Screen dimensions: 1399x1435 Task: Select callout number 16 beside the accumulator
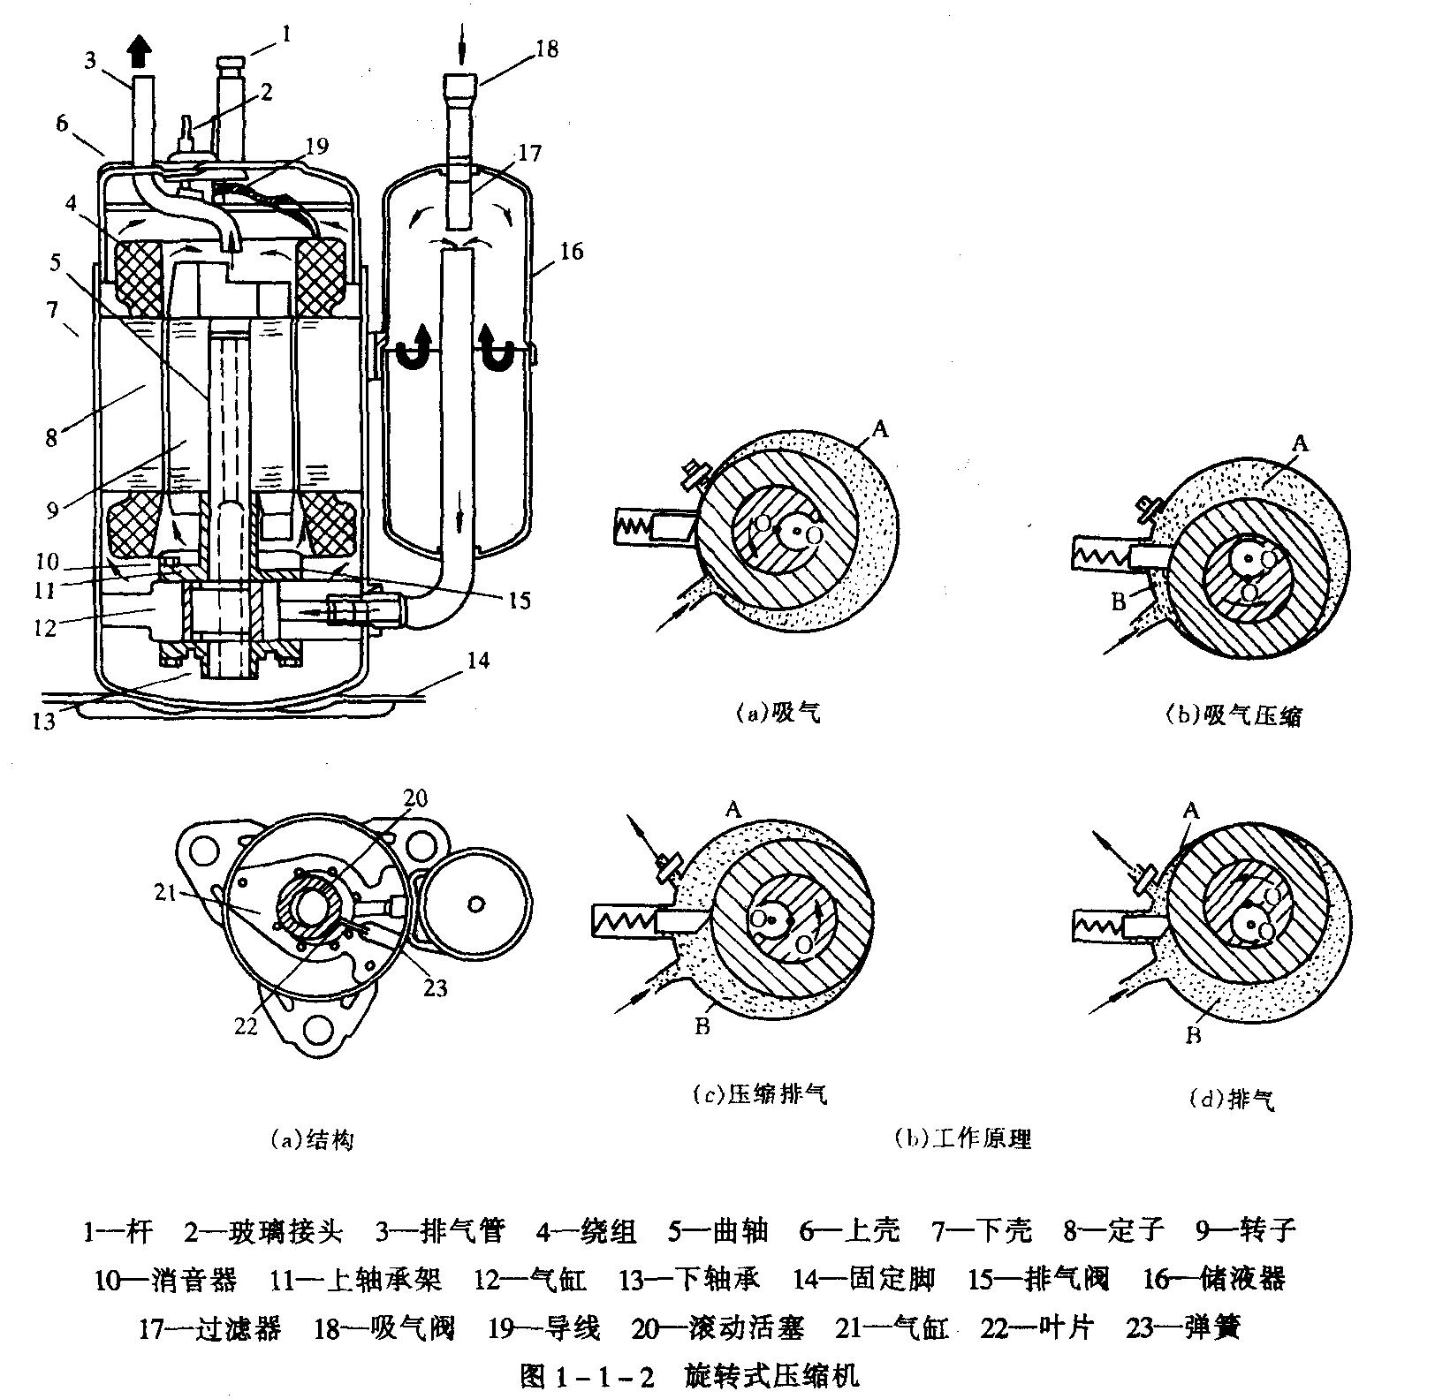pos(571,252)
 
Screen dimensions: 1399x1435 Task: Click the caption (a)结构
pos(312,1140)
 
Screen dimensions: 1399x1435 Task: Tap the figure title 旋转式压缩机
pos(771,1376)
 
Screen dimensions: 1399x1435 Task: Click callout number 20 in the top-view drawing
pos(415,799)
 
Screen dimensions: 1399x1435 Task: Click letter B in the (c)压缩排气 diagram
pos(703,1027)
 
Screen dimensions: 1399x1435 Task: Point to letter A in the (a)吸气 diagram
pos(879,430)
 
